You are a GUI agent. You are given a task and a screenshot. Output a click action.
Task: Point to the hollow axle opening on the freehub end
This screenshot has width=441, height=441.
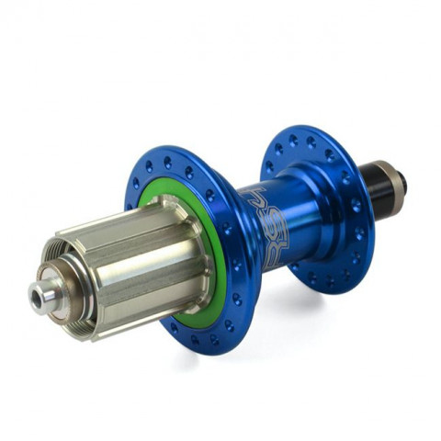tap(39, 296)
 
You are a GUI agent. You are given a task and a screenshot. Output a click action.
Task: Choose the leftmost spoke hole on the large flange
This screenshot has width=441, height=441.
tap(135, 183)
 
